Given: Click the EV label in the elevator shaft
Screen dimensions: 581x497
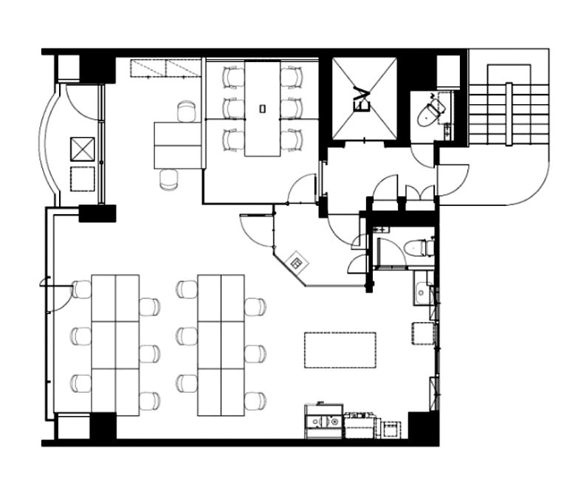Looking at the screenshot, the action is pos(362,99).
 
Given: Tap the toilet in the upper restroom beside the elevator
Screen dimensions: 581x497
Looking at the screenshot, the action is pos(431,110).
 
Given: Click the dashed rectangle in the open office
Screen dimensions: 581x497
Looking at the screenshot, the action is pos(340,350).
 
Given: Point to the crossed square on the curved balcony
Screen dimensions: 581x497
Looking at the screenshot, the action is pos(82,149).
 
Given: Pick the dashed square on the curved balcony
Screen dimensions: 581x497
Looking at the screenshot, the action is pos(82,179).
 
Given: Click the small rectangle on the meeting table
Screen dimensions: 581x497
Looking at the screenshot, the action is pos(262,109).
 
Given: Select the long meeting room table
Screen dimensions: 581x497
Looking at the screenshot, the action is pos(262,109).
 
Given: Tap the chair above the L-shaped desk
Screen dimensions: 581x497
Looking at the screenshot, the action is pos(186,112).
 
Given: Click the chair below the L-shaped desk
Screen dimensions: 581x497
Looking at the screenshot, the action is pos(169,179).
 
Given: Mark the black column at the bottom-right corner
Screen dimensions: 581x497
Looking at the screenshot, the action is pos(423,425).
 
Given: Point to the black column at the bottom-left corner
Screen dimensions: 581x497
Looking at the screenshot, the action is pos(103,426).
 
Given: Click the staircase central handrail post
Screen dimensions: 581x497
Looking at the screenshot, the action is pos(509,115).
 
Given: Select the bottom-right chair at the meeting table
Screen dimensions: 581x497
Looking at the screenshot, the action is pos(293,140).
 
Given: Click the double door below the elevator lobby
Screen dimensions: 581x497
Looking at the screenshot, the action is pos(420,193).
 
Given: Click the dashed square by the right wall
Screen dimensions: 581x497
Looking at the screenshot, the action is pos(423,334).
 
